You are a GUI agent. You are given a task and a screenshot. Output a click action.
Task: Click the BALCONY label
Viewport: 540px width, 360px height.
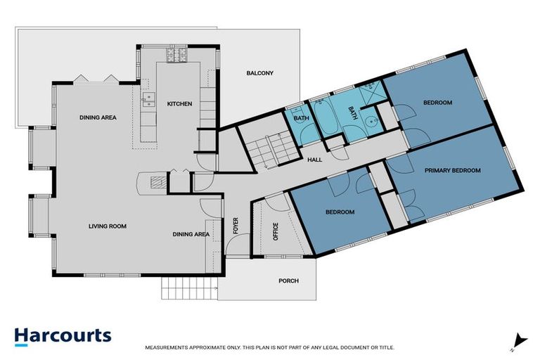tap(259, 73)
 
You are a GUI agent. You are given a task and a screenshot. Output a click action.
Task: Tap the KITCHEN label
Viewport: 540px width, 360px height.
tap(179, 103)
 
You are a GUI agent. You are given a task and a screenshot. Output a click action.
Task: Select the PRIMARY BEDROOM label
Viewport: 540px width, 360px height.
tap(453, 170)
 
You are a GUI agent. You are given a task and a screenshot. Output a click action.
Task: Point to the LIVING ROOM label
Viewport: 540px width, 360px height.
tap(108, 226)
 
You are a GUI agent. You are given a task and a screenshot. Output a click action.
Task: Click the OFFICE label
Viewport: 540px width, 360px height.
tap(276, 231)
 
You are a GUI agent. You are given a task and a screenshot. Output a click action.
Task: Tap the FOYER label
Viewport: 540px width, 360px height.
tap(236, 226)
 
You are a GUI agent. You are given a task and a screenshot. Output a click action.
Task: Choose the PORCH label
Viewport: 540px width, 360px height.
tap(288, 281)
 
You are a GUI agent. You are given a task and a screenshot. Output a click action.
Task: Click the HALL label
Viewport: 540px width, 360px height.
tap(315, 160)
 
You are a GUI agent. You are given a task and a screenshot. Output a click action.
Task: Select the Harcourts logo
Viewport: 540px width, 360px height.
tap(63, 337)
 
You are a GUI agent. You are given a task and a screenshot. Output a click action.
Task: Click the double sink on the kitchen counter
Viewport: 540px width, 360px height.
tap(149, 100)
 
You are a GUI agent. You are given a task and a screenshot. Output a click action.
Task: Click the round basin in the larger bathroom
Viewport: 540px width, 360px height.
tap(372, 121)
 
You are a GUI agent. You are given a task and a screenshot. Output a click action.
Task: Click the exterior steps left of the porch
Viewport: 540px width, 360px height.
tap(189, 288)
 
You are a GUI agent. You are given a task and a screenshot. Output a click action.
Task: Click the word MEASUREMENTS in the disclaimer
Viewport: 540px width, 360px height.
tap(167, 347)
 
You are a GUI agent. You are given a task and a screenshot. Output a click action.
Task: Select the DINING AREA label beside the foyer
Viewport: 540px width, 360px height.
tap(191, 234)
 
